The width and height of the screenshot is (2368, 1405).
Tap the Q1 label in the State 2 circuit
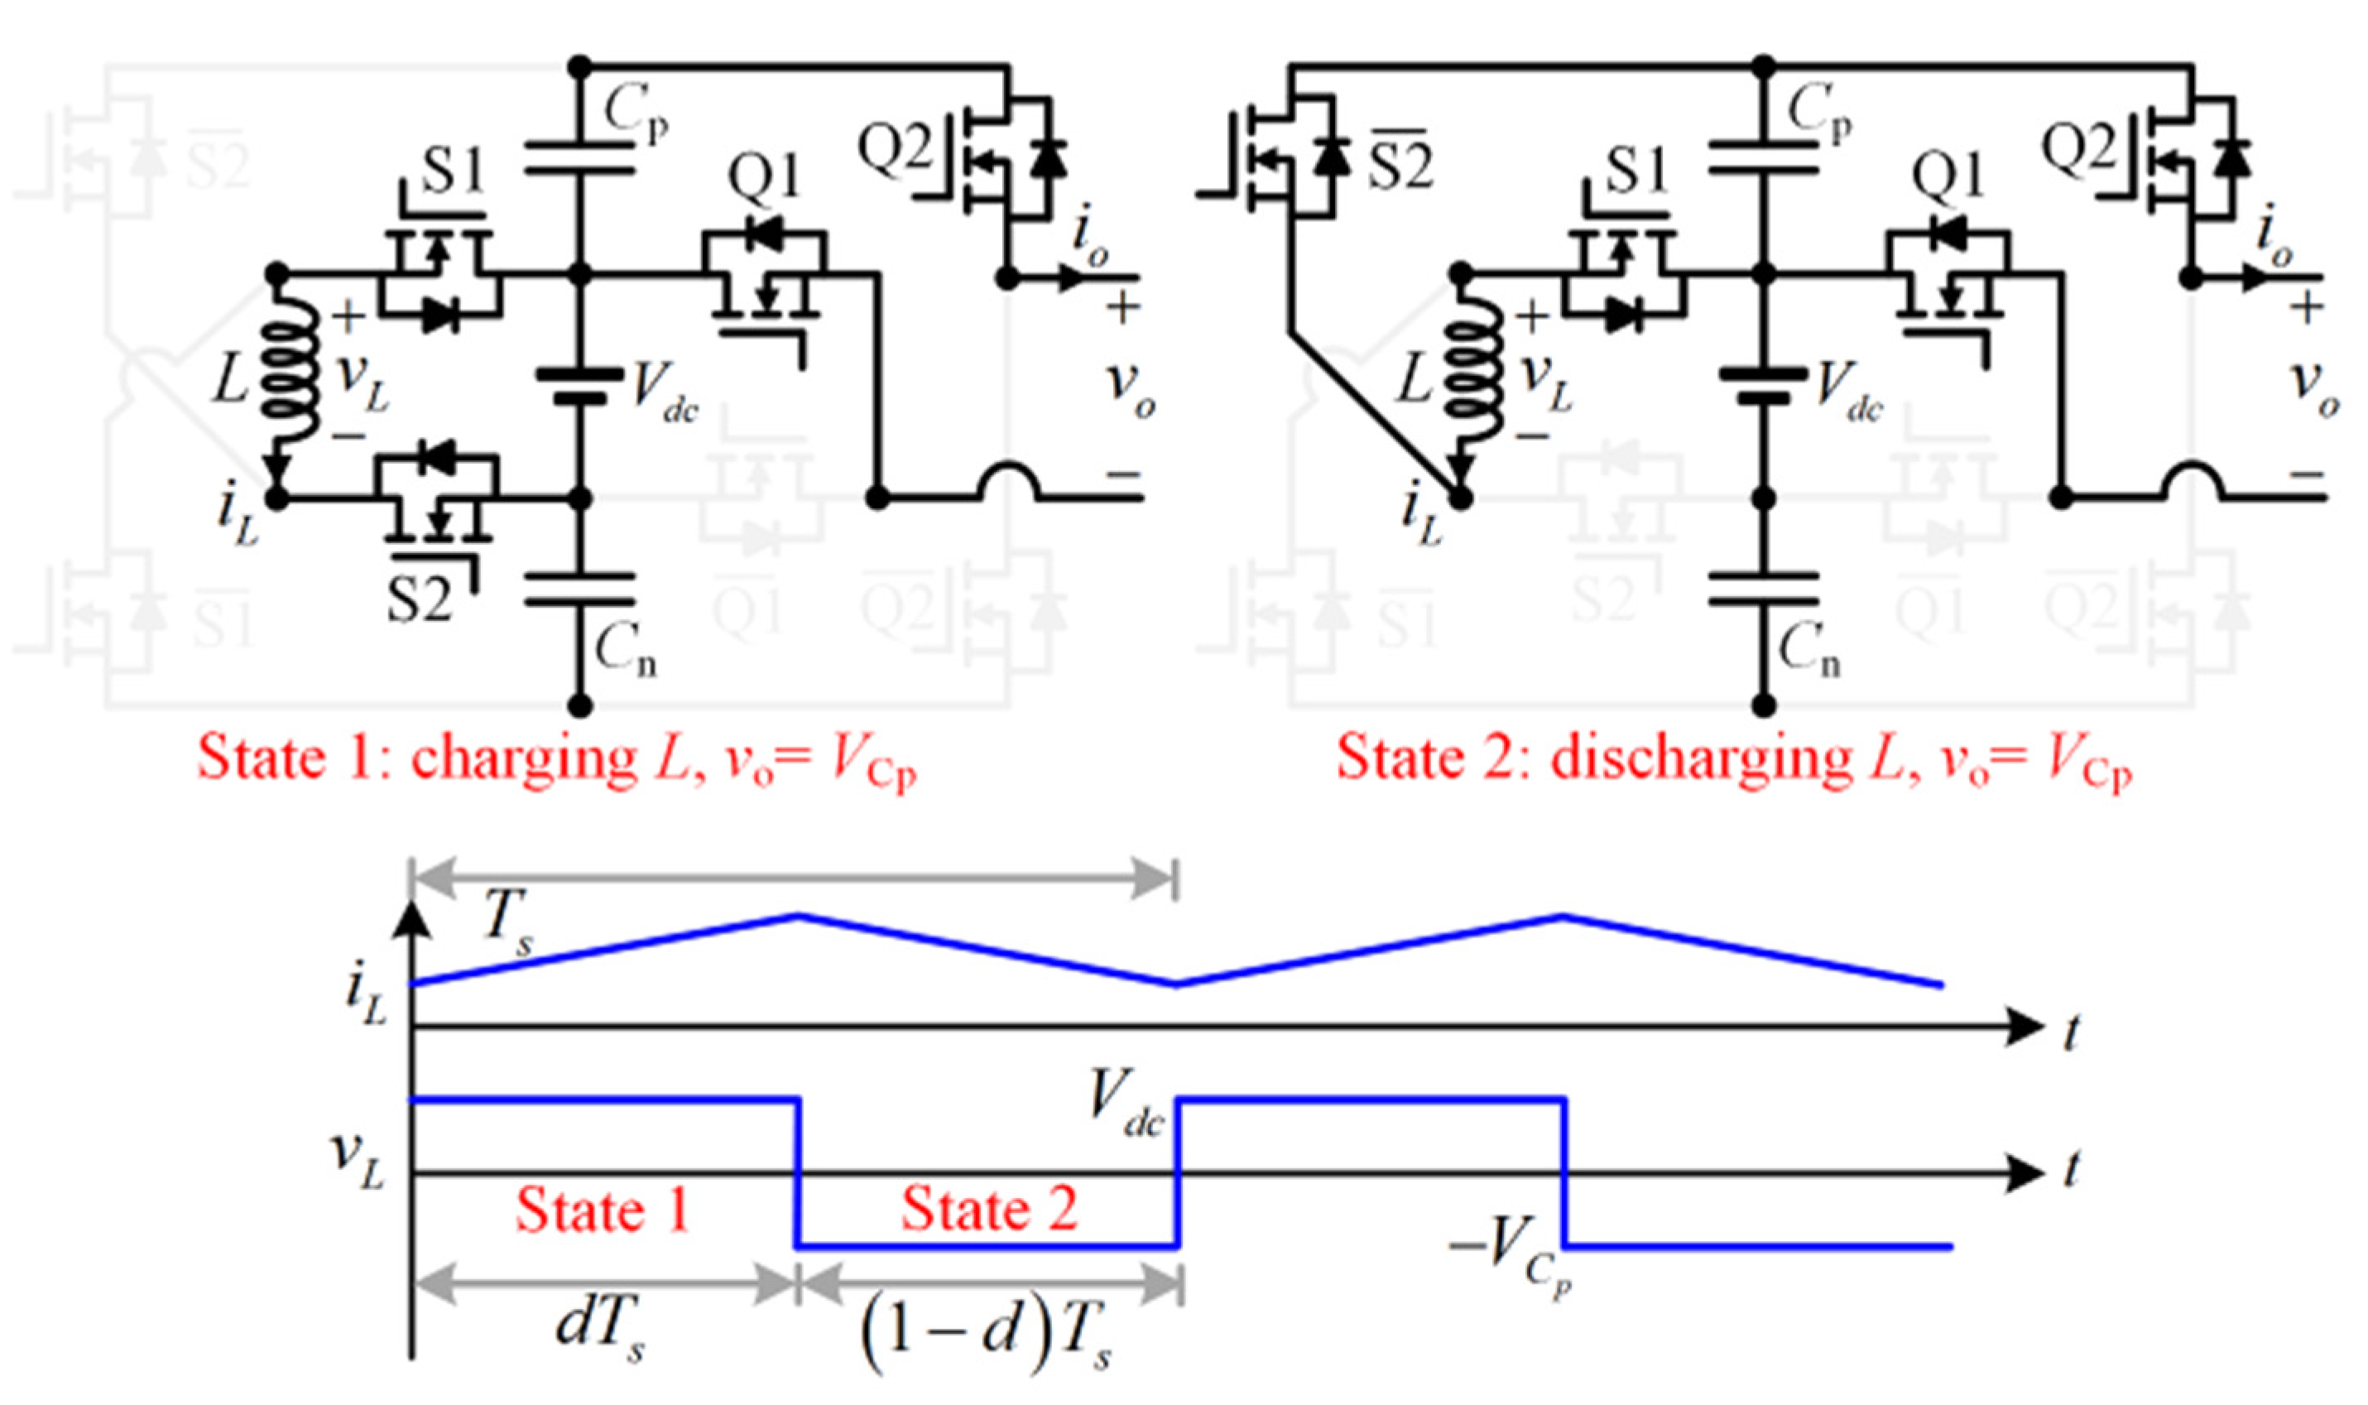pos(1947,177)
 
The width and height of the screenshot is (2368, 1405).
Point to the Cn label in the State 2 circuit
pos(1808,652)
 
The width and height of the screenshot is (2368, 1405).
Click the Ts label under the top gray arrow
pos(507,919)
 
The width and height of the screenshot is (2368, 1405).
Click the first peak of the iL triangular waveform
pos(798,915)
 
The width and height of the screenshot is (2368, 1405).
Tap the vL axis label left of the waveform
pos(358,1160)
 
